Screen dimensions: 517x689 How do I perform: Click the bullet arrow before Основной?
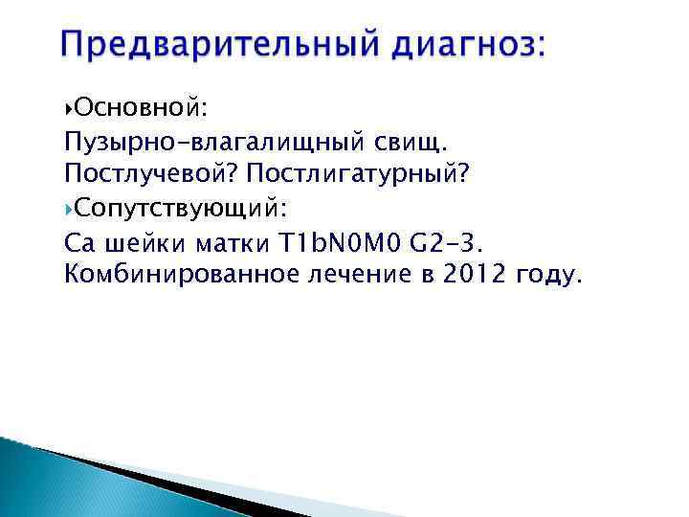(x=68, y=105)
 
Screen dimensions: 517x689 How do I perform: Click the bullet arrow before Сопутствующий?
(x=68, y=209)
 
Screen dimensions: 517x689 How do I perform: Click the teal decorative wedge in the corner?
(x=38, y=479)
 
